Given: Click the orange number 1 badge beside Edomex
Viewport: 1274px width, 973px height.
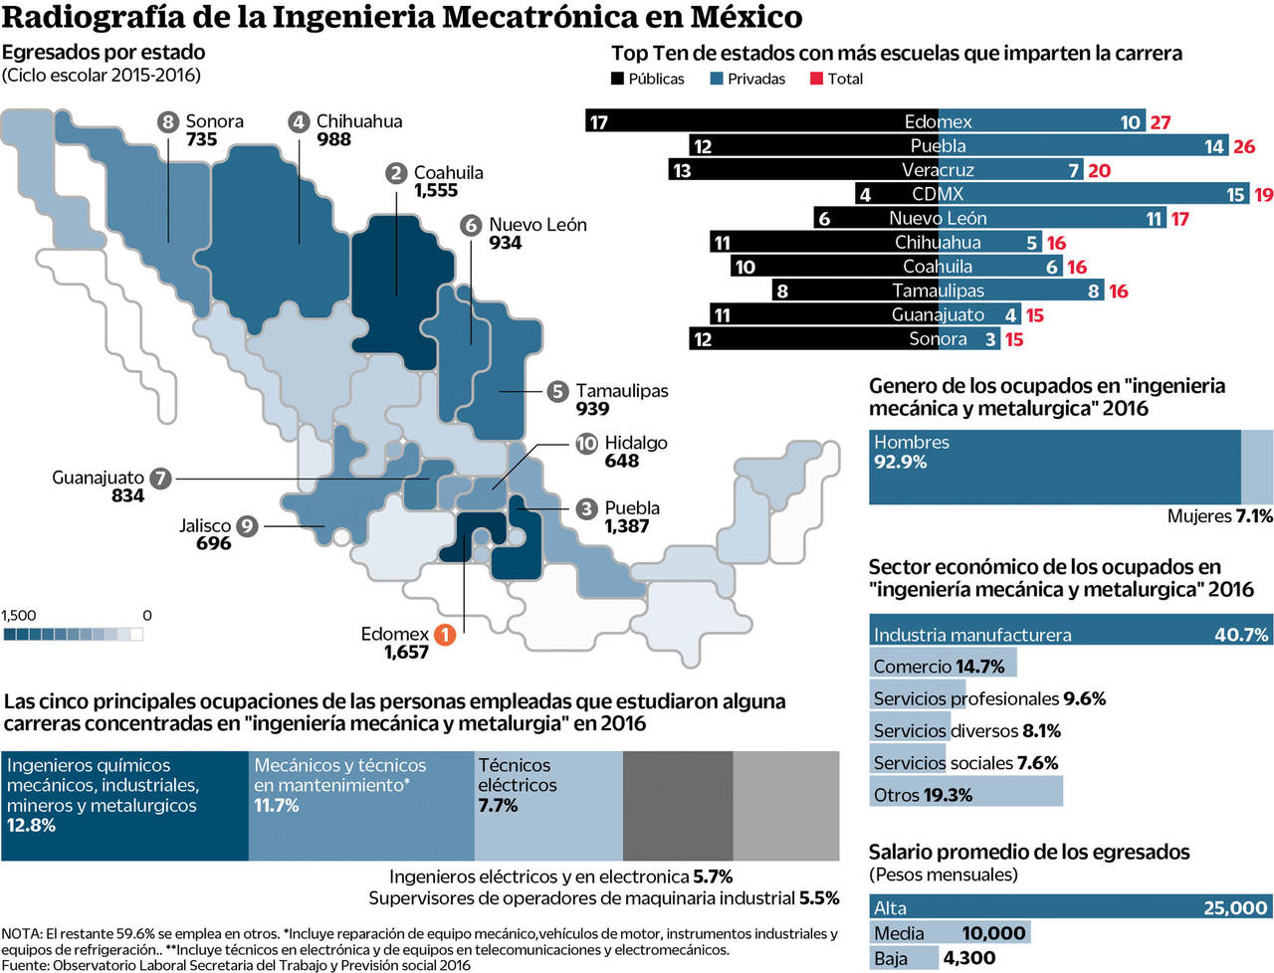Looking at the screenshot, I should click(x=445, y=634).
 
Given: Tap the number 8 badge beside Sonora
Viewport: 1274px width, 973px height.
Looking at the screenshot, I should click(x=168, y=121).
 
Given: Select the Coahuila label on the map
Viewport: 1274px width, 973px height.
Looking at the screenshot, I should click(x=448, y=172).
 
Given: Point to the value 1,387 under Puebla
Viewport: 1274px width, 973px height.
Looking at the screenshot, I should click(x=626, y=526).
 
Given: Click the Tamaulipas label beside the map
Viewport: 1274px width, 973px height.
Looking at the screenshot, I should click(x=621, y=391).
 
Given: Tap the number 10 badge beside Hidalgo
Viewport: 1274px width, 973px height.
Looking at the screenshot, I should click(x=586, y=443).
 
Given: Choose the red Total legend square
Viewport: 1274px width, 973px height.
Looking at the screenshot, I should click(x=817, y=79).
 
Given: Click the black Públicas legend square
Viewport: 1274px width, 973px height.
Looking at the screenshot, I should click(x=617, y=79).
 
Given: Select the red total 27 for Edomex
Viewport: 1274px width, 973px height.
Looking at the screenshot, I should click(x=1161, y=122).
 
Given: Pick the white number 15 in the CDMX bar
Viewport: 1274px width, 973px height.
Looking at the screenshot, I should click(x=1235, y=195).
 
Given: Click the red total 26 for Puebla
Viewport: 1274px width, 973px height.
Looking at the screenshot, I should click(x=1244, y=146).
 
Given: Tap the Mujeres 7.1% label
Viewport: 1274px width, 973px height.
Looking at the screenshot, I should click(x=1219, y=515).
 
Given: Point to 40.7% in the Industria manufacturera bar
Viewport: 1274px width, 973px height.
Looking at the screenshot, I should click(x=1241, y=635).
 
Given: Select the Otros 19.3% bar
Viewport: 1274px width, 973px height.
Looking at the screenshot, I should click(x=965, y=794).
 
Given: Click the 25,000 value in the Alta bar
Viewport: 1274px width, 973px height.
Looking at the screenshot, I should click(x=1235, y=907).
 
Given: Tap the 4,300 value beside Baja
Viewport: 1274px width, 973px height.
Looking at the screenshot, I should click(x=968, y=958).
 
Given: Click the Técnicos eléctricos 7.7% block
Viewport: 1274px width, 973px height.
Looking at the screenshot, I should click(x=547, y=805).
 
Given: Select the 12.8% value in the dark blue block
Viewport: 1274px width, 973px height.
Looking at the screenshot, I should click(x=32, y=825).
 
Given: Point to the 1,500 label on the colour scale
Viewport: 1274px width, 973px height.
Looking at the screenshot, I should click(x=19, y=615).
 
